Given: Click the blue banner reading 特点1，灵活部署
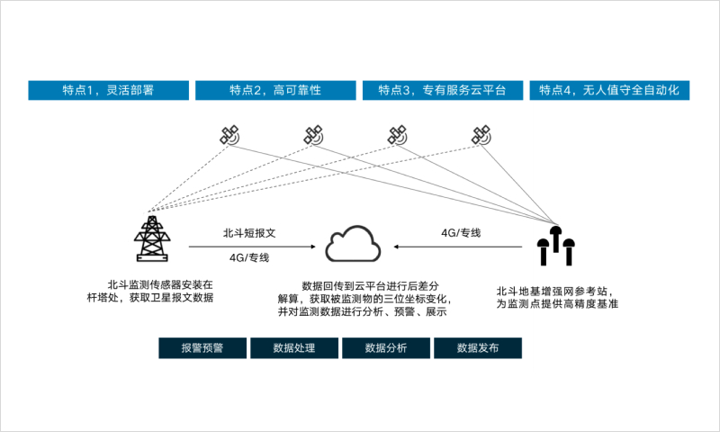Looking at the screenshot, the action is pos(108,90).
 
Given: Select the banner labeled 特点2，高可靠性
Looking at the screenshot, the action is pos(275,90).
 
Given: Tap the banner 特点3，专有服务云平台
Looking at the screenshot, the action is pos(443,90).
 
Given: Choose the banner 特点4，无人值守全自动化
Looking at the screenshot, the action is pos(609,90).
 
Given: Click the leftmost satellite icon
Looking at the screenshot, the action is pos(229,135).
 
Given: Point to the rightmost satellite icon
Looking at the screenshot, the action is pos(481,135).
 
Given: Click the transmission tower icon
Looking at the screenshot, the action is pos(152,238).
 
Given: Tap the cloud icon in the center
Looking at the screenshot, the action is pos(353,244).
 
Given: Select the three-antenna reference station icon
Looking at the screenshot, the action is pos(556,246).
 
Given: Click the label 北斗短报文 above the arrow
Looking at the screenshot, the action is pos(249,233).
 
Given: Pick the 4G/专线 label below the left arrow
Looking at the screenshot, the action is pos(249,257).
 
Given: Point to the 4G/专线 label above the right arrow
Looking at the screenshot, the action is pos(461,233).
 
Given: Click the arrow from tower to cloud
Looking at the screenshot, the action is pos(252,247).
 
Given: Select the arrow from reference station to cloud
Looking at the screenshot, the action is pos(458,247).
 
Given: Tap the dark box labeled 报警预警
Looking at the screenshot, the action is pos(202,348).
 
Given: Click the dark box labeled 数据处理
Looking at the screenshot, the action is pos(294,348).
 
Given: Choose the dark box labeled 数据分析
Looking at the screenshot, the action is pos(386,348).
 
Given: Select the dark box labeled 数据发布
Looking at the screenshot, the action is pos(478,348).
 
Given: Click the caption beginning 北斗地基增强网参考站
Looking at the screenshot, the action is pos(557,298).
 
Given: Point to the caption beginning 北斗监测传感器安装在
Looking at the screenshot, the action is pos(150,291).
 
